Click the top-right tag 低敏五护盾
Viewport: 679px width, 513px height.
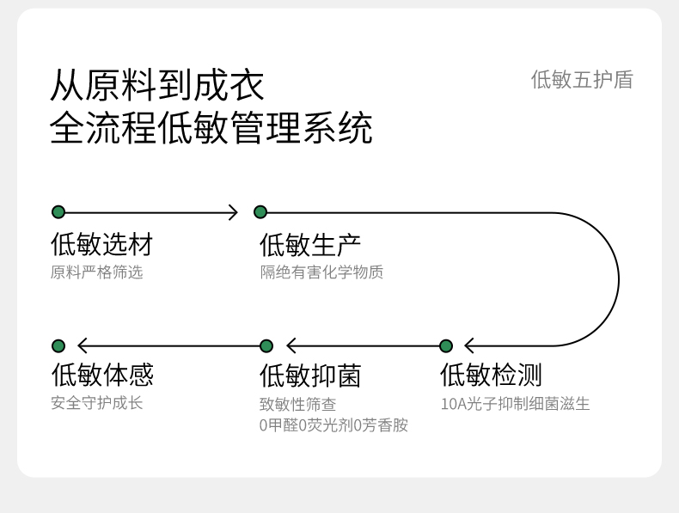(582, 80)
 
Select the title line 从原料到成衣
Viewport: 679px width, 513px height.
(156, 85)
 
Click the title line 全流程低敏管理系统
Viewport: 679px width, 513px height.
(211, 127)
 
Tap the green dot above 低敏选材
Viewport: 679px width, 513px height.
(58, 212)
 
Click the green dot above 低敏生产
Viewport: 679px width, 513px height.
(260, 212)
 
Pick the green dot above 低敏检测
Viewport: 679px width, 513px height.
(446, 346)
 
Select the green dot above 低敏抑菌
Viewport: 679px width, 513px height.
(266, 346)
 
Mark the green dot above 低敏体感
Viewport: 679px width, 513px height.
(58, 346)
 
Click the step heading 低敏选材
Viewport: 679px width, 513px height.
(102, 244)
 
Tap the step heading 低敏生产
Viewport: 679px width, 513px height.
(310, 245)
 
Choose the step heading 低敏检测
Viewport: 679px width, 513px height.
(491, 375)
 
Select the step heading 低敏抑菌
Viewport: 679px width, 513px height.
(310, 376)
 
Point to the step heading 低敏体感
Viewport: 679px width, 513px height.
(102, 375)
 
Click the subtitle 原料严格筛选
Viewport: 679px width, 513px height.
(96, 272)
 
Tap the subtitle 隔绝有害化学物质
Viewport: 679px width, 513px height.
(321, 272)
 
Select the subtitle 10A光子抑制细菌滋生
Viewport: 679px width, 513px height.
(516, 404)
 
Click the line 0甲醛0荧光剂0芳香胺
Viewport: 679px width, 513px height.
(333, 425)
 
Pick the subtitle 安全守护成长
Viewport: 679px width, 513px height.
(96, 403)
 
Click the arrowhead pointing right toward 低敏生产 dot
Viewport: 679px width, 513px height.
(234, 212)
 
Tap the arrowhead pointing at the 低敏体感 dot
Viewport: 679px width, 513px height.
(83, 346)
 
